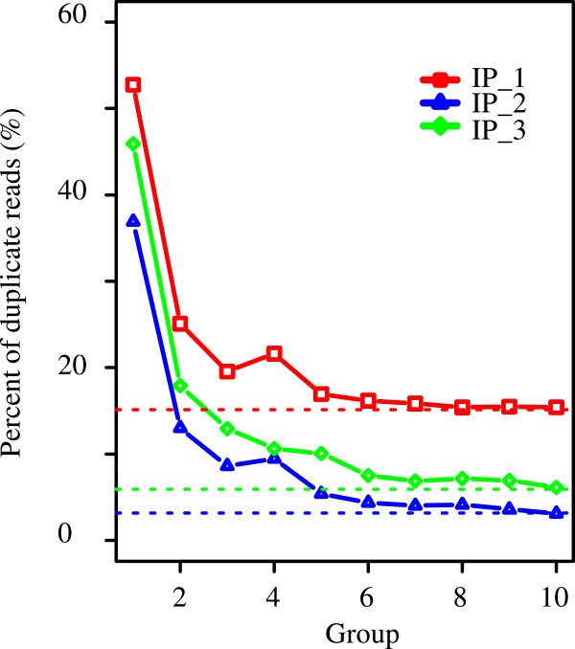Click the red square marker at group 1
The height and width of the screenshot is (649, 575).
[x=133, y=84]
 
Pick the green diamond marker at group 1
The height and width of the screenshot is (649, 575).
[x=133, y=144]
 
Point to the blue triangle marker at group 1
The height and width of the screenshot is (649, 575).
[x=133, y=221]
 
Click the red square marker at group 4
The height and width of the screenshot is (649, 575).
[x=274, y=353]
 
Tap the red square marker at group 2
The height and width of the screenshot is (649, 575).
[x=180, y=324]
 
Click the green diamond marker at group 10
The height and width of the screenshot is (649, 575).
[x=556, y=487]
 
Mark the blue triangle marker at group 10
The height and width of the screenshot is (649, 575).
[x=556, y=513]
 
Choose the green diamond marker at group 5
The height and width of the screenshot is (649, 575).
[x=321, y=453]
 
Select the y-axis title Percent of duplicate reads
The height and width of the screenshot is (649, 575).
[x=20, y=280]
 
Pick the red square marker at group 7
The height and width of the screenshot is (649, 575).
[x=415, y=403]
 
